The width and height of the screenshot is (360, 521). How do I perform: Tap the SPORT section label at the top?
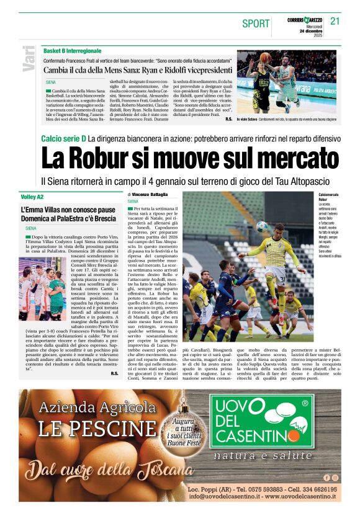[256, 24]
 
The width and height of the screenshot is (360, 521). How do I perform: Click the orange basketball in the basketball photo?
[265, 56]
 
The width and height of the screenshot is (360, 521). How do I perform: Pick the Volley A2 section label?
[32, 197]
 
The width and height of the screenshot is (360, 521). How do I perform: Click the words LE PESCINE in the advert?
[97, 428]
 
